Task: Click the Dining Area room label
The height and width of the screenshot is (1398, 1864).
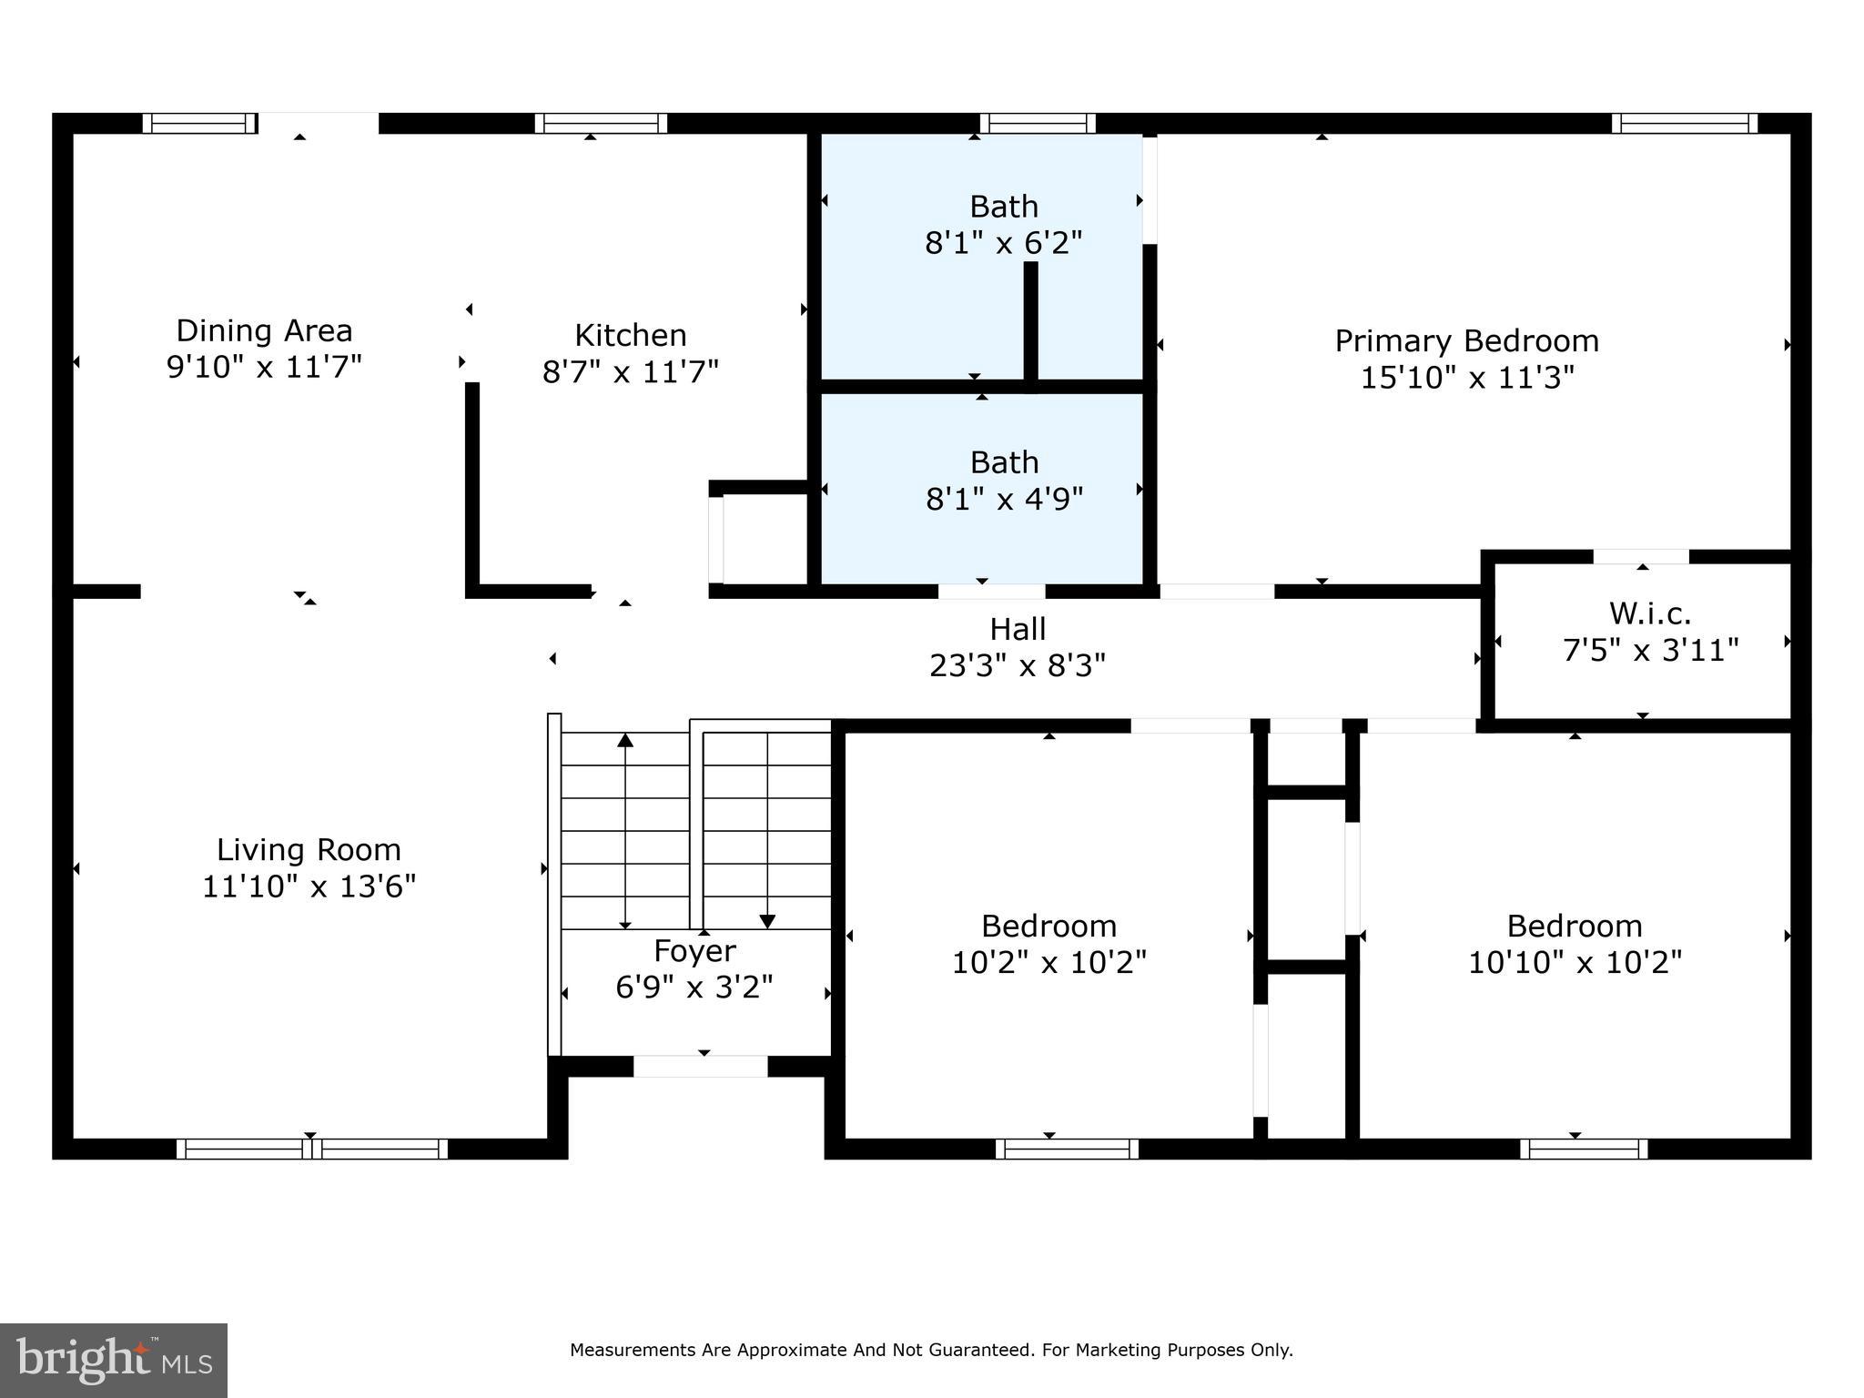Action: [264, 330]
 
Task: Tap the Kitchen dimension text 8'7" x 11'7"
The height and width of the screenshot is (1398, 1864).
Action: [631, 371]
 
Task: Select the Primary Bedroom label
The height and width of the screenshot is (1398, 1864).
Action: [1466, 341]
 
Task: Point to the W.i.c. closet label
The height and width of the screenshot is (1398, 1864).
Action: [1650, 613]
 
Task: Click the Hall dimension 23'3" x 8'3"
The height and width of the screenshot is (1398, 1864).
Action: [1018, 666]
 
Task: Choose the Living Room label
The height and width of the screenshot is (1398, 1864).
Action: [309, 850]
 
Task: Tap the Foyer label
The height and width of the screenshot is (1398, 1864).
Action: [694, 951]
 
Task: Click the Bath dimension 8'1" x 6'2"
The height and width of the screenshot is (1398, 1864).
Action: [1004, 243]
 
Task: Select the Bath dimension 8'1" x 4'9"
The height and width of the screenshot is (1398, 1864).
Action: [1004, 499]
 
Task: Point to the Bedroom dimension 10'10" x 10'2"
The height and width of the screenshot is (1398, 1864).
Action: [1575, 962]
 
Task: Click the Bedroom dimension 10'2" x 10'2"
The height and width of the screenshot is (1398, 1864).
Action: [1048, 962]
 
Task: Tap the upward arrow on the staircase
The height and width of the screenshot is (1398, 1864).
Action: [625, 831]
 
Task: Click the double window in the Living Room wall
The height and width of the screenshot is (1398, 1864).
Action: [312, 1149]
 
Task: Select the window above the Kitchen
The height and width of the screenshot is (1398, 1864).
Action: [601, 123]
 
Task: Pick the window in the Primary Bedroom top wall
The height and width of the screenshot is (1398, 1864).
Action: [1685, 123]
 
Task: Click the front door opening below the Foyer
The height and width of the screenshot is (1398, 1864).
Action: [701, 1066]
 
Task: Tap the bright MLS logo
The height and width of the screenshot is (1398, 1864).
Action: [114, 1361]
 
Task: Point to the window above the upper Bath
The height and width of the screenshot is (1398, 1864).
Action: [1038, 123]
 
